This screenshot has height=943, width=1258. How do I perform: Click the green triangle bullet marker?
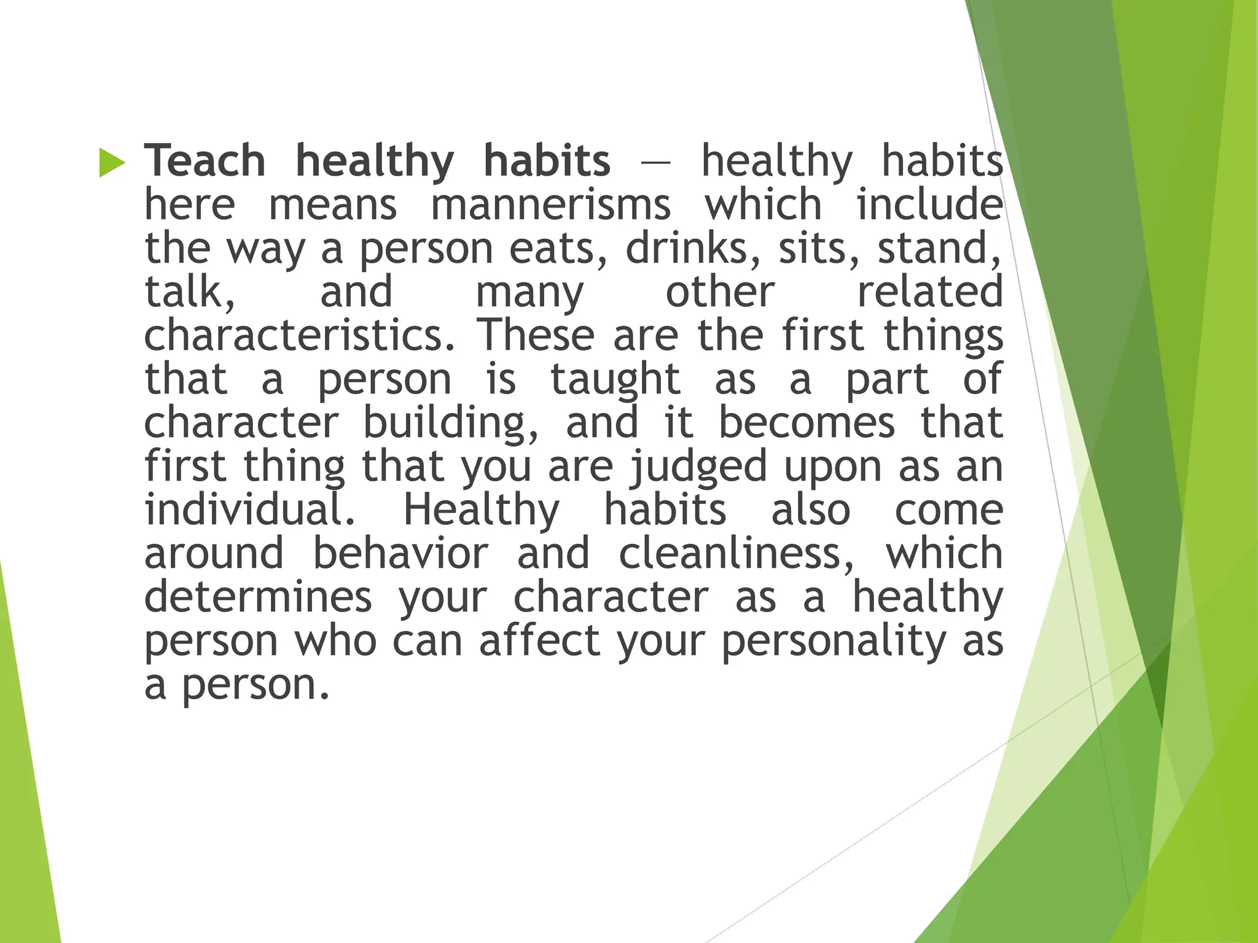click(112, 163)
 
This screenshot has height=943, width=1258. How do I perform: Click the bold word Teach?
click(205, 161)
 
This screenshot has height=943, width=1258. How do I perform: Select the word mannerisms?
click(550, 204)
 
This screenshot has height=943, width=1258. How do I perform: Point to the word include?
click(929, 204)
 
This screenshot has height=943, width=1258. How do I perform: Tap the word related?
click(929, 292)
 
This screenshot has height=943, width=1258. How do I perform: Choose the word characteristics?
click(300, 335)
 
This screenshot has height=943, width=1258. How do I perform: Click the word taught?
click(615, 379)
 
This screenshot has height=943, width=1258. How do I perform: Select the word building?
click(451, 423)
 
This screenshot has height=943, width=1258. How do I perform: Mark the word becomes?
click(807, 423)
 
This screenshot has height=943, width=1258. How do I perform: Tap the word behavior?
click(400, 553)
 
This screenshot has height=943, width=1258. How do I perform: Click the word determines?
click(258, 597)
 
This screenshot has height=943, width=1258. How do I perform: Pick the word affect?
click(539, 640)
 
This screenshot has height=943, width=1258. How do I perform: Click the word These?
click(536, 335)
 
